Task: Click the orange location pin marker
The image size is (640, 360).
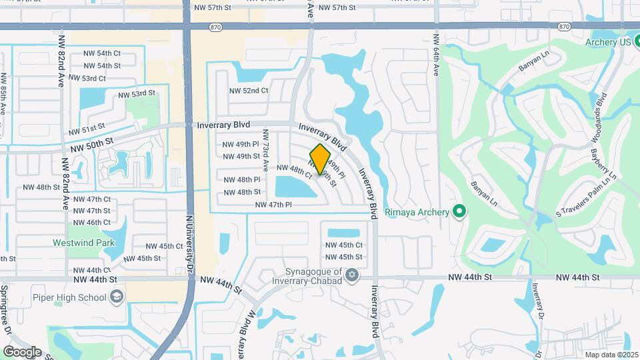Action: [x=320, y=159]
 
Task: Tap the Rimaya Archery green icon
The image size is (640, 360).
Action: [x=459, y=212]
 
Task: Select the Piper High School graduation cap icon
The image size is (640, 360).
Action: [x=117, y=297]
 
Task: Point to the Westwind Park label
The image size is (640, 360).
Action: [x=81, y=243]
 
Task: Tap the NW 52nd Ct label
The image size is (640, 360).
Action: [x=249, y=91]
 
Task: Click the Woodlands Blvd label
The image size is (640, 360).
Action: [x=601, y=117]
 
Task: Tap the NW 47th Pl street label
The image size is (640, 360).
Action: [x=273, y=205]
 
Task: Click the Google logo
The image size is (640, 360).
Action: [x=22, y=351]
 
